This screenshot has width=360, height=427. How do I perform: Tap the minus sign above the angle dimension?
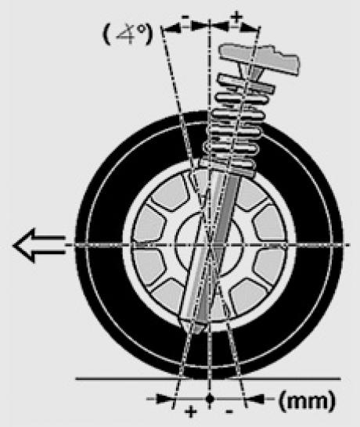pyautogui.click(x=185, y=18)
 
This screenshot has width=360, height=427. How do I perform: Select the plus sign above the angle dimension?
pyautogui.click(x=236, y=16)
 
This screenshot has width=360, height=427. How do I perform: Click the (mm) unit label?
pyautogui.click(x=307, y=401)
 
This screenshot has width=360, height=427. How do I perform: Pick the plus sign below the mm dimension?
pyautogui.click(x=191, y=411)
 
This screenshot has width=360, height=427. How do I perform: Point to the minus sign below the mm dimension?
pyautogui.click(x=229, y=411)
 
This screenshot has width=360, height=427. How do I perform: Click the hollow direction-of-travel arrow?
pyautogui.click(x=38, y=245)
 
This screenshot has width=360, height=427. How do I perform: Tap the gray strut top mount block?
pyautogui.click(x=260, y=59)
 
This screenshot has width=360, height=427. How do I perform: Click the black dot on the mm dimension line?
pyautogui.click(x=209, y=399)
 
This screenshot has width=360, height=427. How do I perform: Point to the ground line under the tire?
pyautogui.click(x=208, y=379)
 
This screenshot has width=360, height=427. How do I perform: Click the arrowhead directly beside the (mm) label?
pyautogui.click(x=255, y=400)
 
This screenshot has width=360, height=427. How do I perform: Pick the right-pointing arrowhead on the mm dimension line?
pyautogui.click(x=165, y=400)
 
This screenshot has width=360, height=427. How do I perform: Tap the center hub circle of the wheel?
pyautogui.click(x=208, y=245)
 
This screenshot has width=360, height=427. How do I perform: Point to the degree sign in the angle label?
pyautogui.click(x=140, y=29)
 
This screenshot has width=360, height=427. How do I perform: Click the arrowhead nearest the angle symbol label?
pyautogui.click(x=171, y=27)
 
